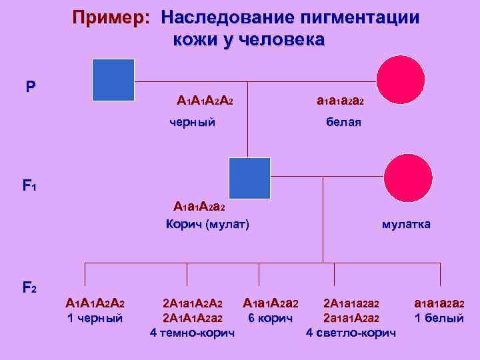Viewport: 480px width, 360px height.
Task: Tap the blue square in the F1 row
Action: point(249,178)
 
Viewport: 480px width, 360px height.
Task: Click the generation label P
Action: point(31,87)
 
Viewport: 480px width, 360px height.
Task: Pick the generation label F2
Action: point(29,288)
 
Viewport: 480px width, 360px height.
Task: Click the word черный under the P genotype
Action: point(192,122)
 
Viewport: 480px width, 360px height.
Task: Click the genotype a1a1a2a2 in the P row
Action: point(340,101)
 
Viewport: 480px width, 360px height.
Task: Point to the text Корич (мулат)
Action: point(207,224)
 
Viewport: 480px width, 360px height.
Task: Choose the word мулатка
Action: point(406,224)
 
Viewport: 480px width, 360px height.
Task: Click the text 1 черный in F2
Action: point(95,318)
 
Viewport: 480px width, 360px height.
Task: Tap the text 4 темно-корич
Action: point(193,331)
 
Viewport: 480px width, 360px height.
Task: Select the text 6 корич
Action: point(270,318)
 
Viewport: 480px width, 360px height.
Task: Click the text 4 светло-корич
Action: point(351,331)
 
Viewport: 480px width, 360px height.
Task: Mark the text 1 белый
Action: point(439,318)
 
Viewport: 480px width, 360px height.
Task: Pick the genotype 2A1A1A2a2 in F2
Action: point(193,318)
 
